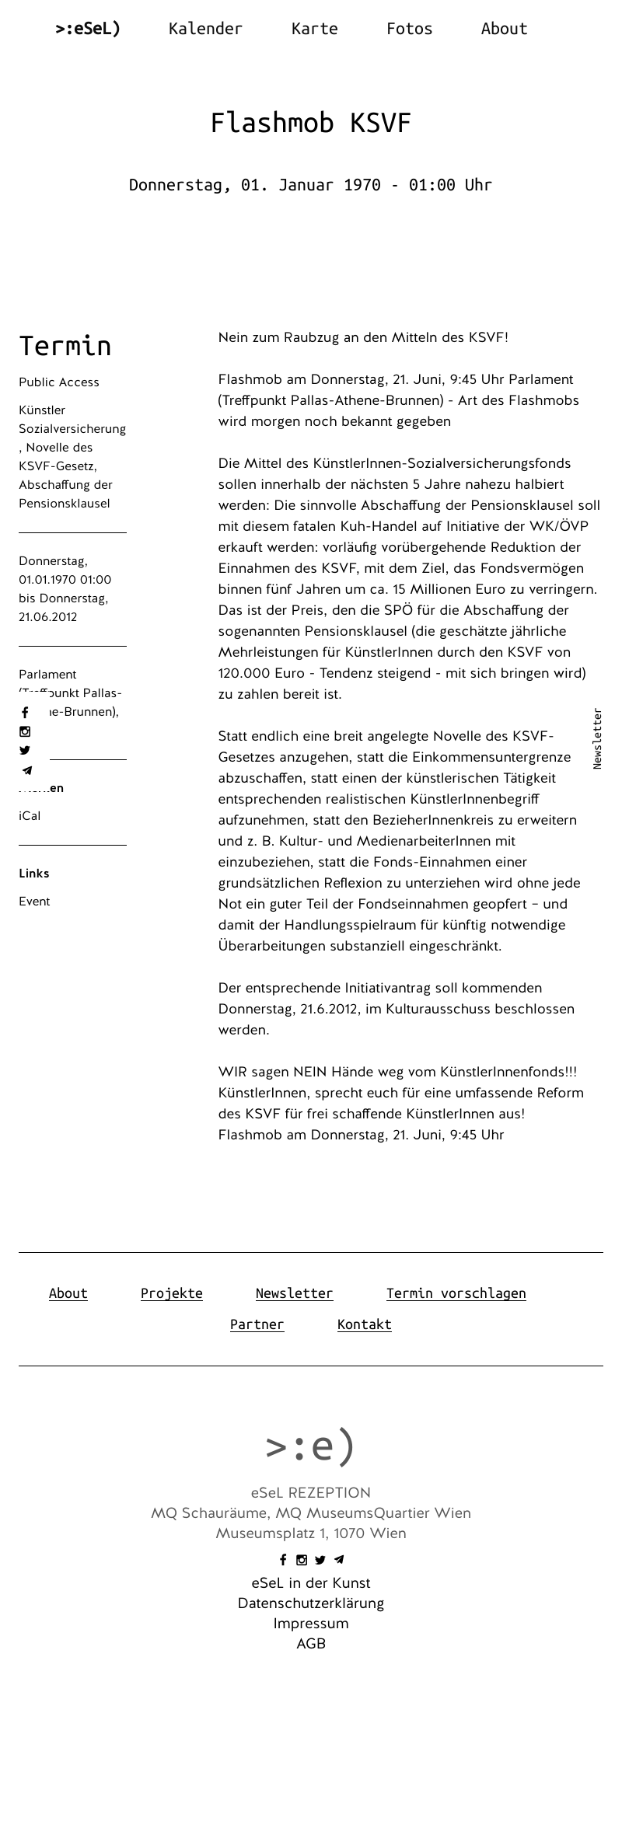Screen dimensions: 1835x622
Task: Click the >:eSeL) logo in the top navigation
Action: tap(88, 29)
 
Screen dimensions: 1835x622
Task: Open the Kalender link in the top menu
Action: tap(205, 29)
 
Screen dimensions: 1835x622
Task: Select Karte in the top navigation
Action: tap(314, 29)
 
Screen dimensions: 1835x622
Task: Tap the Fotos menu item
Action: tap(409, 29)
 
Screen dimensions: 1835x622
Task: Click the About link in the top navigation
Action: tap(504, 29)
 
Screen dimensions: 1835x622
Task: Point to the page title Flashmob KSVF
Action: tap(310, 123)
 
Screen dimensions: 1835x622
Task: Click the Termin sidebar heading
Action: tap(65, 346)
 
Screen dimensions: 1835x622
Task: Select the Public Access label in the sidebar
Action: tap(59, 382)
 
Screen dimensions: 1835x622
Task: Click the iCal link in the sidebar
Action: tap(30, 816)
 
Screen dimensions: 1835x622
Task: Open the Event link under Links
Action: tap(34, 902)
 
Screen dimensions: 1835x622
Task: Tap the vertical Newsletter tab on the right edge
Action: tap(597, 738)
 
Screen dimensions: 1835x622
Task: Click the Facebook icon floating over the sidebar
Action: tap(25, 713)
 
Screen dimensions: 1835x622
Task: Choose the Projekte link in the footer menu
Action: tap(171, 1293)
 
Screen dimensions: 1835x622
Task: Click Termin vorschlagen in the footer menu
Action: tap(456, 1293)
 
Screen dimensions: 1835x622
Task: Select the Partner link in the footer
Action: tap(257, 1324)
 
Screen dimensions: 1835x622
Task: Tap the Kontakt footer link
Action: tap(364, 1324)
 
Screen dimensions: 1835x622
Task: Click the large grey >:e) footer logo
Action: tap(310, 1446)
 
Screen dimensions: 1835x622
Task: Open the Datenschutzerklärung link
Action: tap(310, 1603)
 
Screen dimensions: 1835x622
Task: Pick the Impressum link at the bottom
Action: tap(310, 1624)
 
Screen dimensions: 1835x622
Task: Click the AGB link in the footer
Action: tap(310, 1644)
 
